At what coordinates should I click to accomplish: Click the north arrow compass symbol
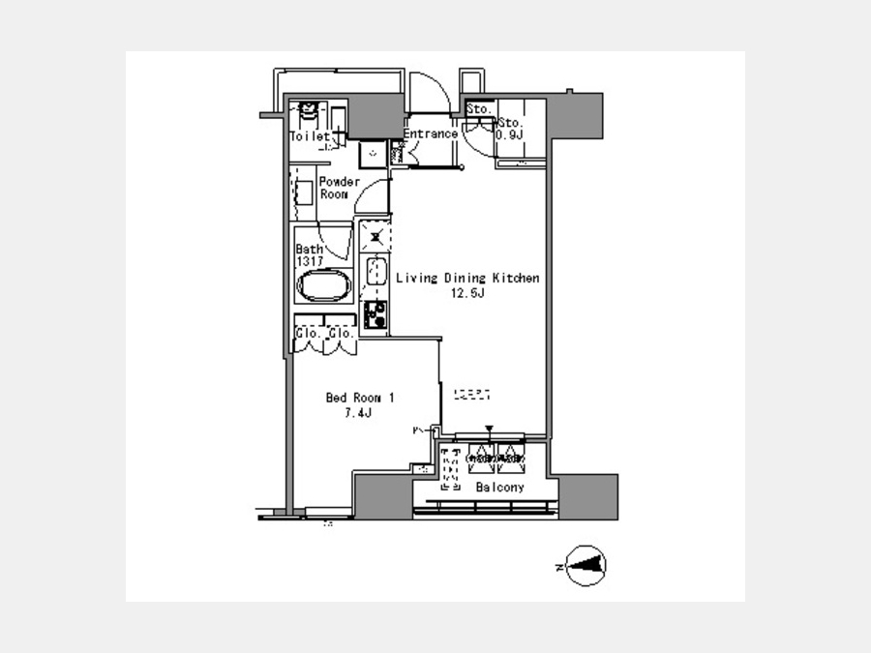coord(586,566)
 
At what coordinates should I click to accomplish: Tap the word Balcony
coord(499,488)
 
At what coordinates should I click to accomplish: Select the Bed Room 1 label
coord(360,398)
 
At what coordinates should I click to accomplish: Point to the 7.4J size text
coord(360,412)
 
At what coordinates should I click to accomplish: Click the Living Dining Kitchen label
coord(466,279)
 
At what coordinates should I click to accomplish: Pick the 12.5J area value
coord(466,293)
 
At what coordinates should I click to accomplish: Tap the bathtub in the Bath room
coord(323,288)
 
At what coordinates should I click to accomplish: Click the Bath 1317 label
coord(310,254)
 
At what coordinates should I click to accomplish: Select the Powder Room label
coord(340,188)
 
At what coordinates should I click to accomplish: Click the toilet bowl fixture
coord(309,115)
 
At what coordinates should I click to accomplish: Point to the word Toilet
coord(310,137)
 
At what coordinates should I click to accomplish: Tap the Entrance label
coord(430,134)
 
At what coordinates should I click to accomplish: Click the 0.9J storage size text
coord(510,134)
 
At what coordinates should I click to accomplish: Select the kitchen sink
coord(375,272)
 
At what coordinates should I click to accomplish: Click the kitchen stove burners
coord(375,313)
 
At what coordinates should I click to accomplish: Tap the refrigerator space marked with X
coord(375,235)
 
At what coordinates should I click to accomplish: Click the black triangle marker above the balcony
coord(490,429)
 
